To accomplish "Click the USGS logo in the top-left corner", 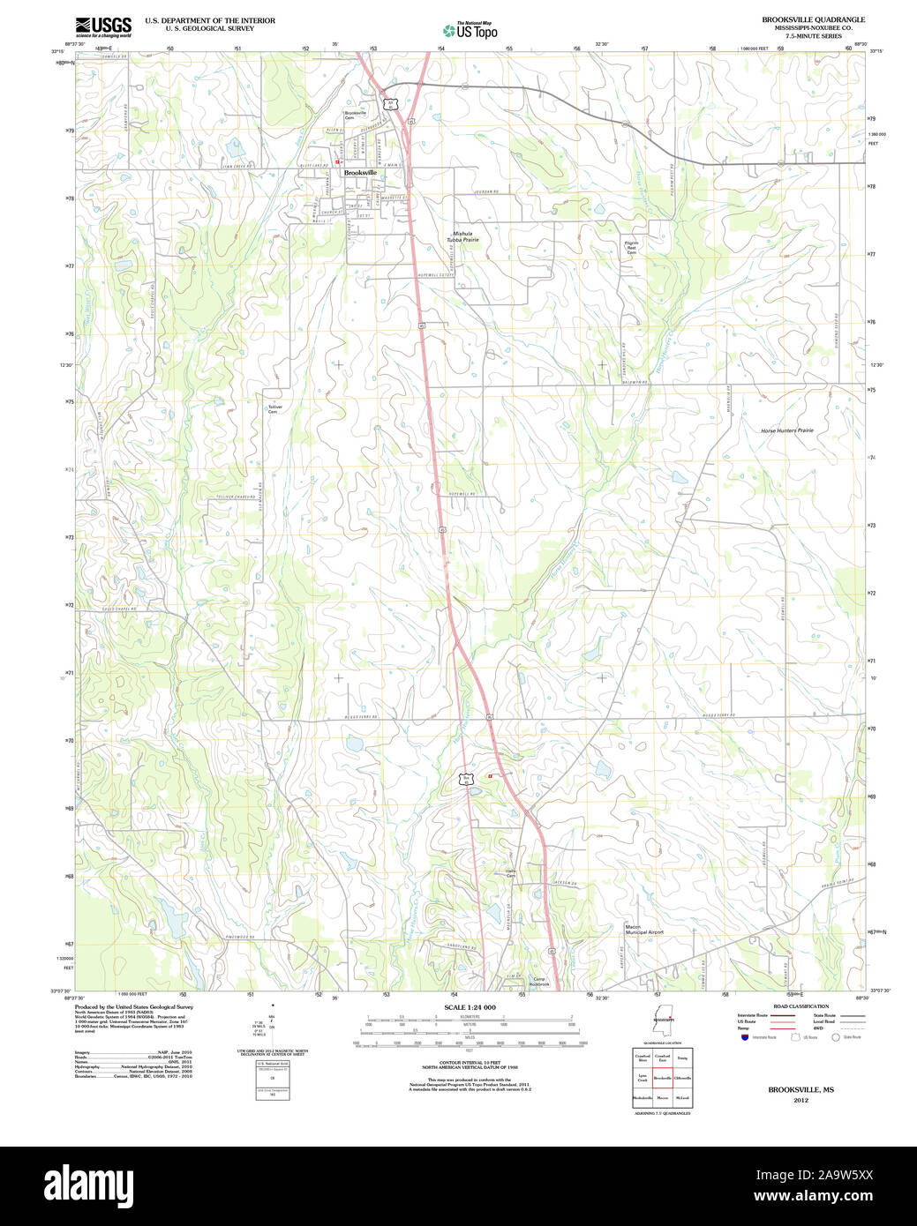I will pyautogui.click(x=103, y=26).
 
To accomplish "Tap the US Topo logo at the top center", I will pyautogui.click(x=470, y=30).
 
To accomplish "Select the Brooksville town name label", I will pyautogui.click(x=360, y=173).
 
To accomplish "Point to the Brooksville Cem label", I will pyautogui.click(x=355, y=116).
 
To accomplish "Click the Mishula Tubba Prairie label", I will pyautogui.click(x=462, y=236).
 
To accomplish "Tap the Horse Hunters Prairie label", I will pyautogui.click(x=787, y=430).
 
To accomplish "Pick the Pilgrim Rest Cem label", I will pyautogui.click(x=631, y=247).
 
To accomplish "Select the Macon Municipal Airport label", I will pyautogui.click(x=643, y=930).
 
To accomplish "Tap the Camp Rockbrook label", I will pyautogui.click(x=539, y=982).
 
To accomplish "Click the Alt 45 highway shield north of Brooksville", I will pyautogui.click(x=390, y=104).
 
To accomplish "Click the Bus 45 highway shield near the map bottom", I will pyautogui.click(x=465, y=778).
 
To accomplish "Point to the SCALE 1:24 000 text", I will pyautogui.click(x=470, y=1007).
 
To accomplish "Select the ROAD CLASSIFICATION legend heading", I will pyautogui.click(x=800, y=1006).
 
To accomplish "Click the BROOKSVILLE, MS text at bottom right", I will pyautogui.click(x=800, y=1090).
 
